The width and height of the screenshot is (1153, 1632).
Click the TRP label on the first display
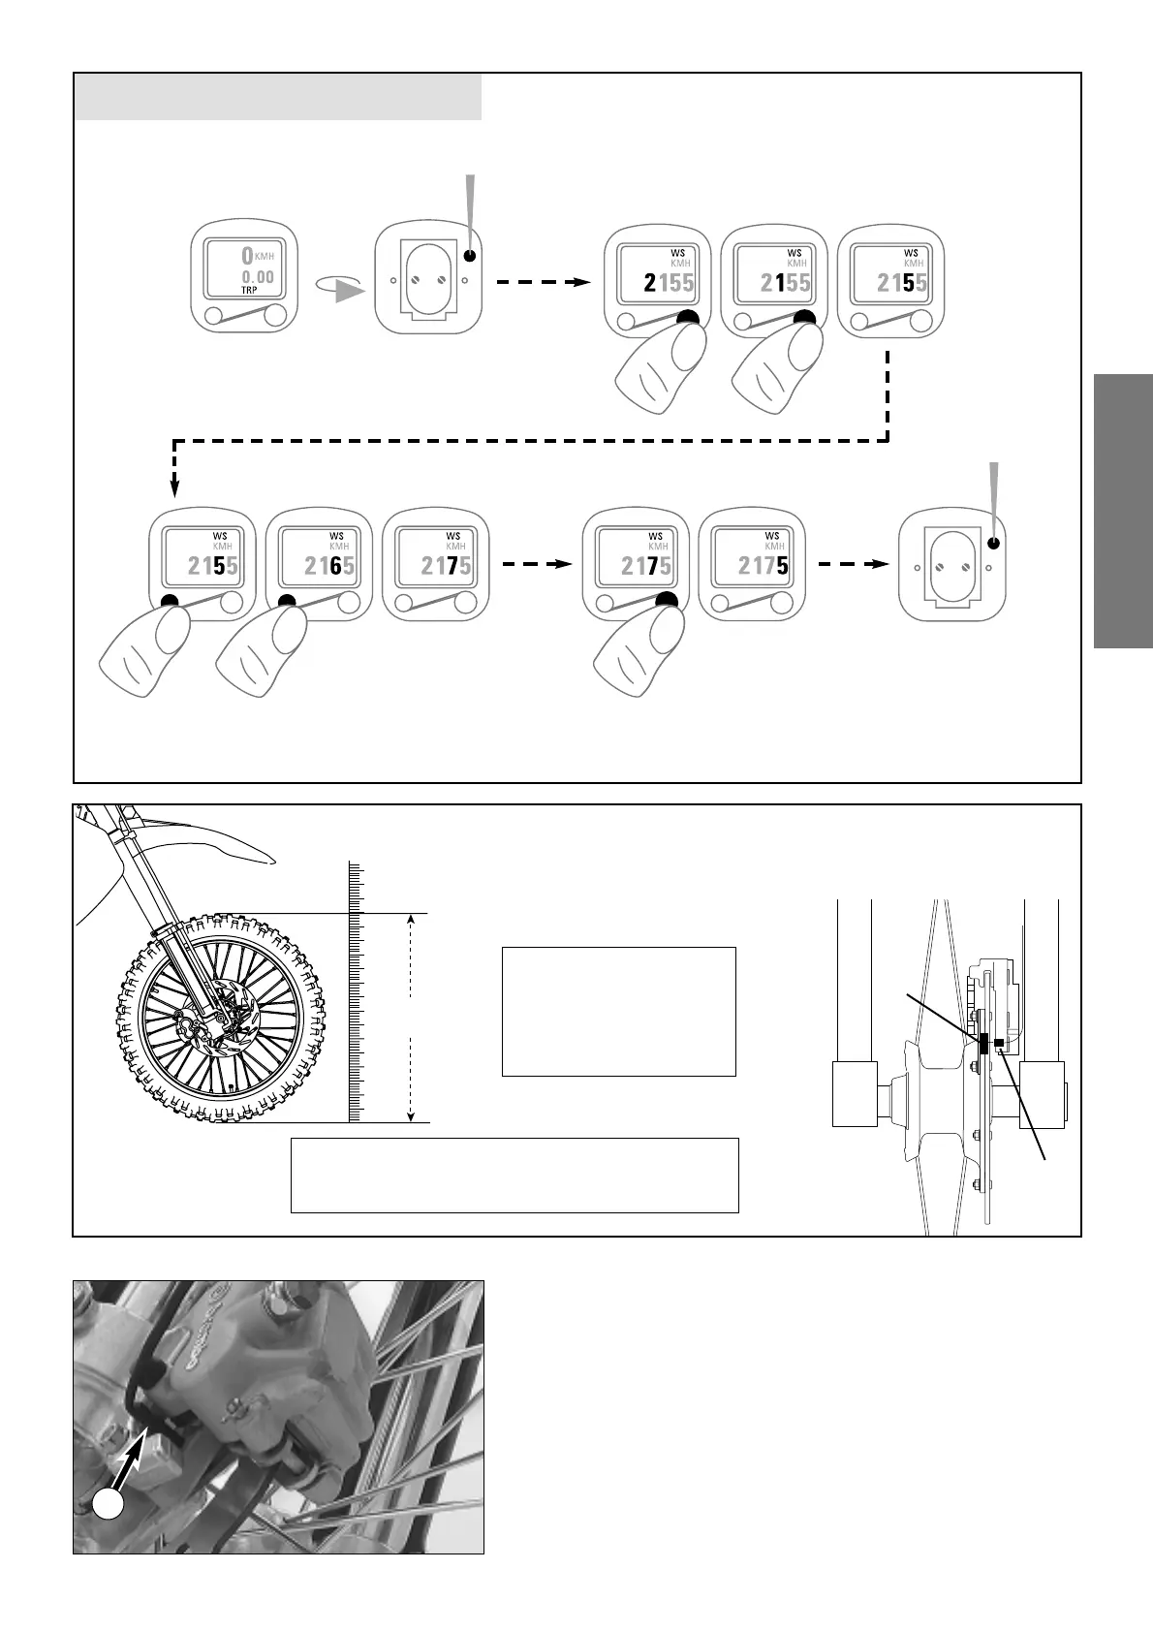pyautogui.click(x=250, y=290)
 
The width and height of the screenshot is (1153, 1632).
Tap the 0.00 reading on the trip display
pyautogui.click(x=258, y=276)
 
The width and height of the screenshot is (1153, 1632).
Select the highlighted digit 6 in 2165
pyautogui.click(x=335, y=566)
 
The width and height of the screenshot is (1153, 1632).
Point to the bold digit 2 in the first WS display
pyautogui.click(x=649, y=283)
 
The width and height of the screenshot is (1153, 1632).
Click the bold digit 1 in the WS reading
pyautogui.click(x=779, y=283)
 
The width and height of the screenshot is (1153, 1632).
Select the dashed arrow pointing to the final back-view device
pyautogui.click(x=853, y=564)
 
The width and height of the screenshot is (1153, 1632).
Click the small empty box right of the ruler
pyautogui.click(x=618, y=1011)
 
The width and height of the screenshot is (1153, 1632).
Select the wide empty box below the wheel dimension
pyautogui.click(x=514, y=1175)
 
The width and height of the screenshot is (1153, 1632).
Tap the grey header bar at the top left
pyautogui.click(x=278, y=99)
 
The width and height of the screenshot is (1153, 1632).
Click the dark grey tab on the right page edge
pyautogui.click(x=1124, y=511)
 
